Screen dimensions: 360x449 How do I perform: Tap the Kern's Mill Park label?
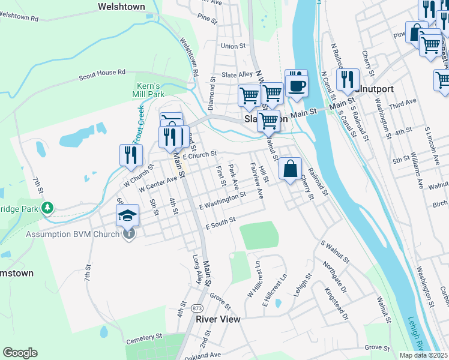tap(148, 90)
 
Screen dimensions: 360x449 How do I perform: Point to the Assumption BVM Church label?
tap(73, 234)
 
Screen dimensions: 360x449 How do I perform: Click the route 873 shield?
tap(196, 308)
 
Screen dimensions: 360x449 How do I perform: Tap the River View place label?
tap(218, 319)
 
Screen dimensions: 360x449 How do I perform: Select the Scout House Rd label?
tap(102, 75)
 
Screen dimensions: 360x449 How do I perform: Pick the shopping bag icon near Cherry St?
tap(290, 169)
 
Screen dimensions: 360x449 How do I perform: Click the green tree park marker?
tap(46, 208)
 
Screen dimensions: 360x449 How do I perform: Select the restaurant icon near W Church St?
tap(130, 155)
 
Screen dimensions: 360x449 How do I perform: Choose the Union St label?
tap(234, 46)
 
